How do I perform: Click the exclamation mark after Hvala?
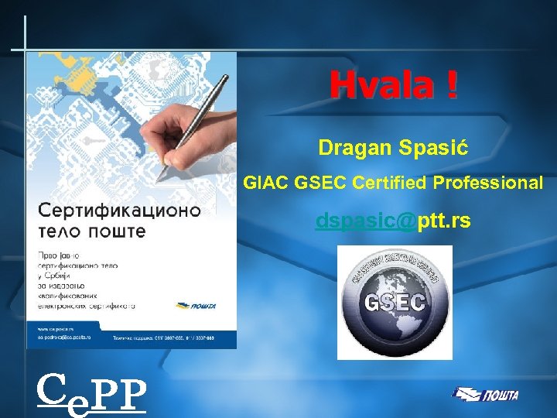pyautogui.click(x=451, y=86)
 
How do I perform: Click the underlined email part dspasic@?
pyautogui.click(x=365, y=222)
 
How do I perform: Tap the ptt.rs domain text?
pyautogui.click(x=444, y=222)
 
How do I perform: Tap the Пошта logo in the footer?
pyautogui.click(x=487, y=395)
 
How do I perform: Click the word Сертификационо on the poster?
pyautogui.click(x=119, y=211)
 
